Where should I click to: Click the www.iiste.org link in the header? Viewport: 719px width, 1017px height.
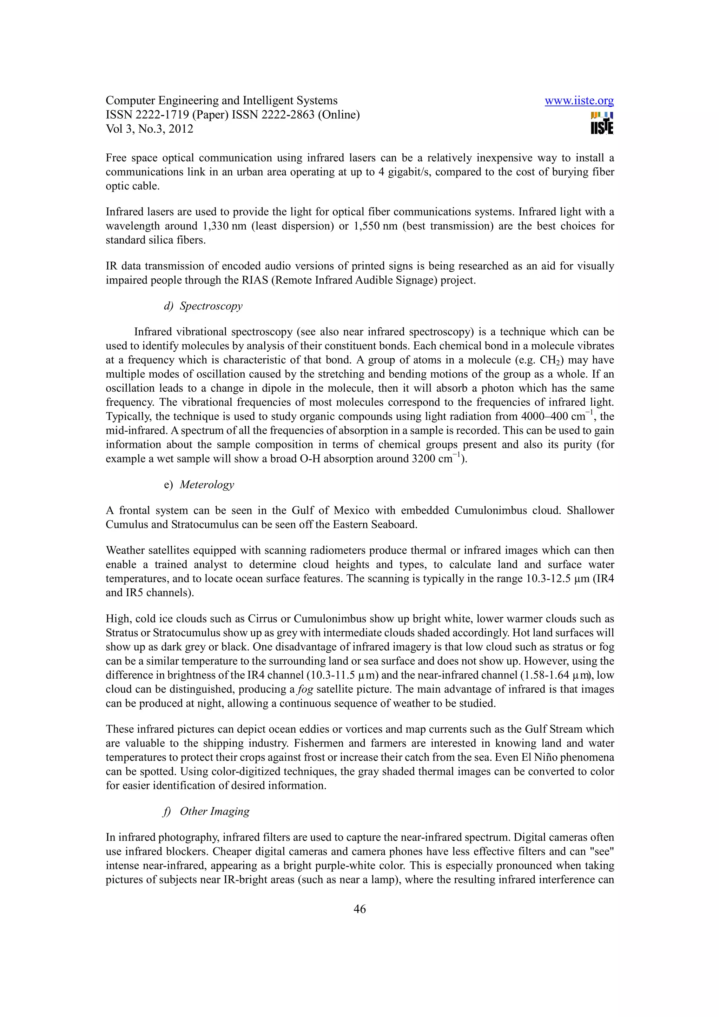[579, 101]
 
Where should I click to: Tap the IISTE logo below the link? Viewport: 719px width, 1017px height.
[602, 123]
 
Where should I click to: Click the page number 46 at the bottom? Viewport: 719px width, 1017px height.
[359, 909]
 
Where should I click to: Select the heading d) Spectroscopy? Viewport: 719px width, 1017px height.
[203, 306]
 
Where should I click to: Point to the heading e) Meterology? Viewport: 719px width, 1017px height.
[199, 485]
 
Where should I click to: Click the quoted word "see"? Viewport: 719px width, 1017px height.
[602, 851]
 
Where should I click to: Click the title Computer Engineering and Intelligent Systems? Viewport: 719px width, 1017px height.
[222, 101]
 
